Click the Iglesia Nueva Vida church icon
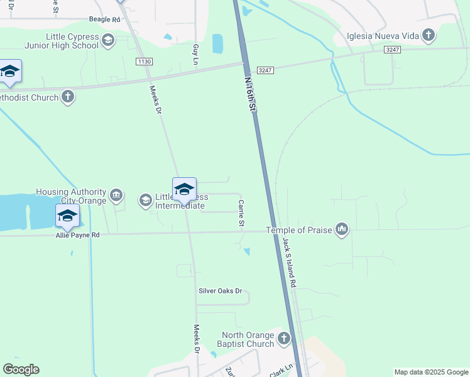tap(429, 35)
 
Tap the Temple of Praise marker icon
tap(342, 229)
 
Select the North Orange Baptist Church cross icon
tap(284, 339)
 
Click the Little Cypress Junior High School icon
tap(108, 41)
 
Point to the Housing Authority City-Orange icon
tap(116, 195)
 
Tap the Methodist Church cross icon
tap(68, 97)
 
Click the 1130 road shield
tap(144, 61)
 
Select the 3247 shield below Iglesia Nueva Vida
tap(392, 50)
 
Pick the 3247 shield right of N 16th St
tap(265, 70)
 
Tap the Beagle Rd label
tap(104, 20)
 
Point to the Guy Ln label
tap(195, 55)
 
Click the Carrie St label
tap(241, 214)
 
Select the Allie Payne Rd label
tap(78, 235)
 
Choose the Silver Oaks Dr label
tap(221, 291)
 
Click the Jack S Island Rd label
tap(289, 263)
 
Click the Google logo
tap(21, 369)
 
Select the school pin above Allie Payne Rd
tap(67, 216)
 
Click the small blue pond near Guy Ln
tap(217, 43)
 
